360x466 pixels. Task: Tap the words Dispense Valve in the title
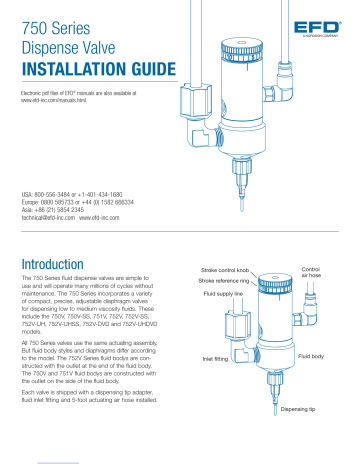pyautogui.click(x=59, y=47)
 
